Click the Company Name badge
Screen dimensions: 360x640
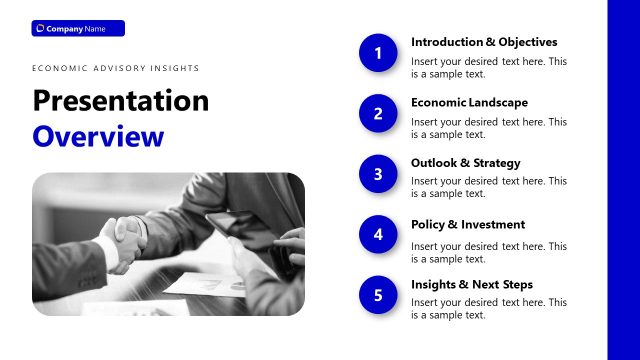click(78, 28)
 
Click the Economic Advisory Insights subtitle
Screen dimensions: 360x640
click(115, 68)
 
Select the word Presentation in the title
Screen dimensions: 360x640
click(121, 101)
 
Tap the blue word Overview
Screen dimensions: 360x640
click(97, 136)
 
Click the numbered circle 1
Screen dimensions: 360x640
click(378, 53)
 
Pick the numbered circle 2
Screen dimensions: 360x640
click(378, 114)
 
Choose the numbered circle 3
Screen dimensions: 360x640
click(378, 174)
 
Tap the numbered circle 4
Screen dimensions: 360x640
click(378, 235)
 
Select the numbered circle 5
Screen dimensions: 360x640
click(378, 295)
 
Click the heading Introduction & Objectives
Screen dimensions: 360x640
click(484, 42)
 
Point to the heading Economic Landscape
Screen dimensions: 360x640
click(469, 102)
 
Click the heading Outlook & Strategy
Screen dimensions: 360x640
click(465, 163)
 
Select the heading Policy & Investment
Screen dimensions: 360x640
click(467, 224)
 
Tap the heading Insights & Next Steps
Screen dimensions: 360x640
click(472, 284)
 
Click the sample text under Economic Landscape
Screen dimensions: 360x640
click(489, 128)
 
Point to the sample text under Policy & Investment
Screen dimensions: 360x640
click(489, 252)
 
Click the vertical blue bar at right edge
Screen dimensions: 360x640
click(624, 180)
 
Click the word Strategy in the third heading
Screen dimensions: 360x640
click(498, 163)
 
